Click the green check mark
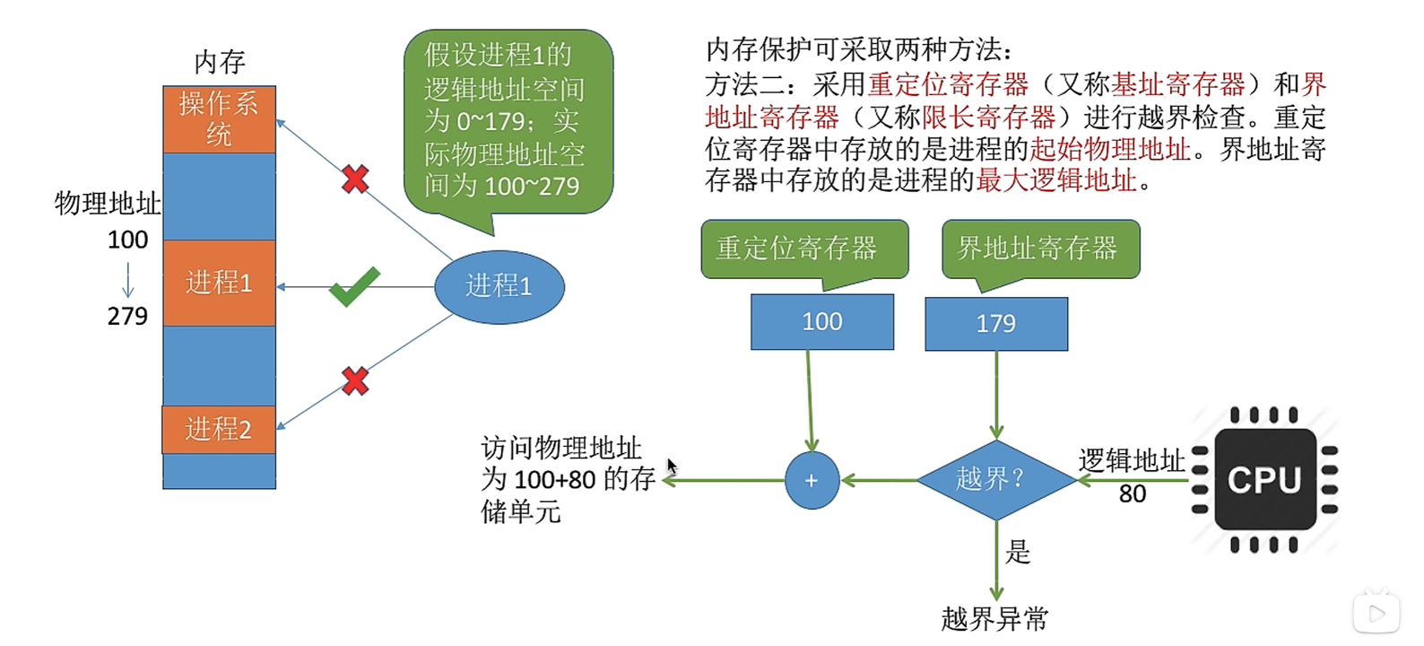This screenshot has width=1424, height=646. pyautogui.click(x=355, y=287)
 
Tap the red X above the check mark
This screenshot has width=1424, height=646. pyautogui.click(x=355, y=179)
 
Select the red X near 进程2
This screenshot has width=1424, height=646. pyautogui.click(x=355, y=380)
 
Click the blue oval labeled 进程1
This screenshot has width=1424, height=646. pyautogui.click(x=499, y=287)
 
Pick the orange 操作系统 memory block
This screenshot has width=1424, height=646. pyautogui.click(x=220, y=119)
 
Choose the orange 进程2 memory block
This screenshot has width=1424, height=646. pyautogui.click(x=220, y=429)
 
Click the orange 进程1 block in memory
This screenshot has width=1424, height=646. pyautogui.click(x=220, y=283)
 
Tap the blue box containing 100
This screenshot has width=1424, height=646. pyautogui.click(x=822, y=322)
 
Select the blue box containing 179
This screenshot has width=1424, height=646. pyautogui.click(x=996, y=324)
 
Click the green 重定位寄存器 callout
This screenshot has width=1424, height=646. pyautogui.click(x=804, y=251)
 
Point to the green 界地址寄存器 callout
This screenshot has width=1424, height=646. pyautogui.click(x=1041, y=252)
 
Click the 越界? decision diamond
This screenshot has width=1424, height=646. pyautogui.click(x=996, y=480)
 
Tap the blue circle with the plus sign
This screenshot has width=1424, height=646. pyautogui.click(x=812, y=480)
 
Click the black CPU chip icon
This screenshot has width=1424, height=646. pyautogui.click(x=1265, y=479)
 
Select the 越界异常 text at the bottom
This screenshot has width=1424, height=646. pyautogui.click(x=994, y=619)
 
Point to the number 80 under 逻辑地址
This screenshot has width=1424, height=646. pyautogui.click(x=1133, y=494)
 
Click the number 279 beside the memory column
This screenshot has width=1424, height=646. pyautogui.click(x=127, y=316)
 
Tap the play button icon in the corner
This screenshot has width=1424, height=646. pyautogui.click(x=1376, y=614)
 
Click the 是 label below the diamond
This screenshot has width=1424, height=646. pyautogui.click(x=1018, y=552)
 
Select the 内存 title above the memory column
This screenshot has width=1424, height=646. pyautogui.click(x=220, y=62)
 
